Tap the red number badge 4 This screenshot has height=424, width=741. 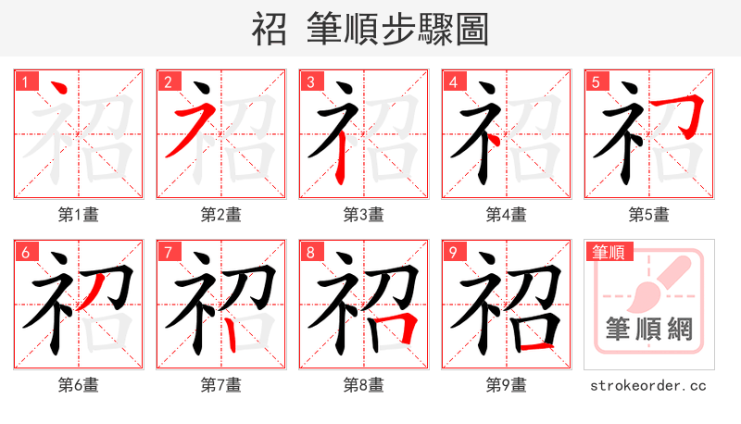453,81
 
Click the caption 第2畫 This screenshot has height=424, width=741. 221,215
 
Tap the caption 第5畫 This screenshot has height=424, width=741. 649,215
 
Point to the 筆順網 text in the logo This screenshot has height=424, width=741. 649,329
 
